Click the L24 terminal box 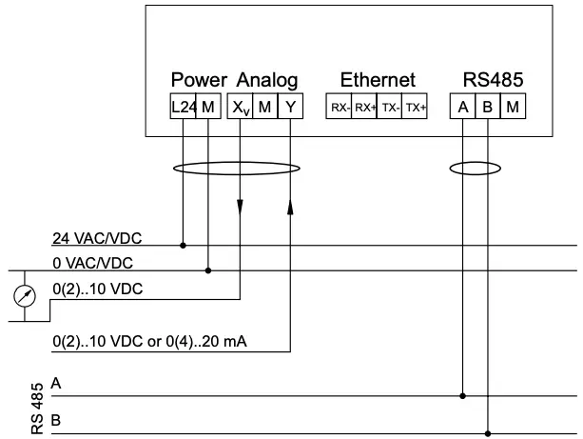pyautogui.click(x=184, y=108)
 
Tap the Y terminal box pyautogui.click(x=290, y=108)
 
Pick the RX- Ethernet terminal pyautogui.click(x=340, y=108)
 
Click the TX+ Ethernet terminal pyautogui.click(x=415, y=108)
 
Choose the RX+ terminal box pyautogui.click(x=365, y=108)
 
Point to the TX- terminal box pyautogui.click(x=390, y=108)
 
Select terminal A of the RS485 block pyautogui.click(x=462, y=108)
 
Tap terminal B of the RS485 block pyautogui.click(x=487, y=108)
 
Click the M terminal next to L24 pyautogui.click(x=208, y=108)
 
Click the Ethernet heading pyautogui.click(x=377, y=80)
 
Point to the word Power pyautogui.click(x=200, y=80)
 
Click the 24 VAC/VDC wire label pyautogui.click(x=92, y=237)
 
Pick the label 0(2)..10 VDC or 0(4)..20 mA pyautogui.click(x=151, y=341)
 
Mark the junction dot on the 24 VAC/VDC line pyautogui.click(x=184, y=246)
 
